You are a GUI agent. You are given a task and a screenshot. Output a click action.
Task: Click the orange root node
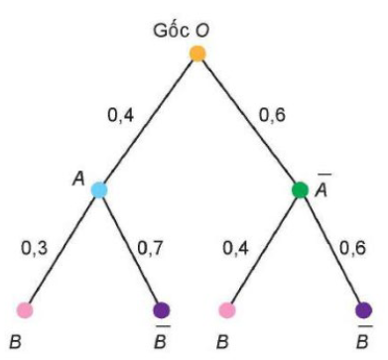197,54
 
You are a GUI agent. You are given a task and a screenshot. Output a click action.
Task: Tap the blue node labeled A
99,190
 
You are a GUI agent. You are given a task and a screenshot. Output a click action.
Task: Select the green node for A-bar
301,190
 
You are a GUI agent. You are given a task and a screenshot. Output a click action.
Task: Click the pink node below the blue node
25,310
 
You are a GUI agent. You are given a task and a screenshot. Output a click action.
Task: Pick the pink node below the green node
227,310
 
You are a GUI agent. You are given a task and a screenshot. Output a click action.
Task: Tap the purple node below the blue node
162,310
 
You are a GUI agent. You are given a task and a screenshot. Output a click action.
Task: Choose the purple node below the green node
363,310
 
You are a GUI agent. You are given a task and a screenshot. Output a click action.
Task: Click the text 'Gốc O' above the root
182,31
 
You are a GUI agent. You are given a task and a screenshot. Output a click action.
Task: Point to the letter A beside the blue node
78,180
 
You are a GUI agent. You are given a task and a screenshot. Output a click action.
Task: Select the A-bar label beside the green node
322,185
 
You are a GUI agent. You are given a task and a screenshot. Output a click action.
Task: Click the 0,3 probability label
35,248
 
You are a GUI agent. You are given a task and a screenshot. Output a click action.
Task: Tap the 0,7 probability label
151,248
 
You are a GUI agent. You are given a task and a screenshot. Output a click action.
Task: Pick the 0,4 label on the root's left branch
121,116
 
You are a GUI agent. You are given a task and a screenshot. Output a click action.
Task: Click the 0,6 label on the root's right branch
272,116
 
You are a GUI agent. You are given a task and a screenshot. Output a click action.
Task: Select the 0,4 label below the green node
236,248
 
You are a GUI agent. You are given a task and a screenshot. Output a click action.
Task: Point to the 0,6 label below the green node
353,248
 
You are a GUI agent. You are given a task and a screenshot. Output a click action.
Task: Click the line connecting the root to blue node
148,122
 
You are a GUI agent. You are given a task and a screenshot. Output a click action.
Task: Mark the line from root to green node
249,122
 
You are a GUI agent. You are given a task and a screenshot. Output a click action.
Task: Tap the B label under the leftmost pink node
16,342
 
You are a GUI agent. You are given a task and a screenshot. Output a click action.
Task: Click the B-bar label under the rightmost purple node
363,337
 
